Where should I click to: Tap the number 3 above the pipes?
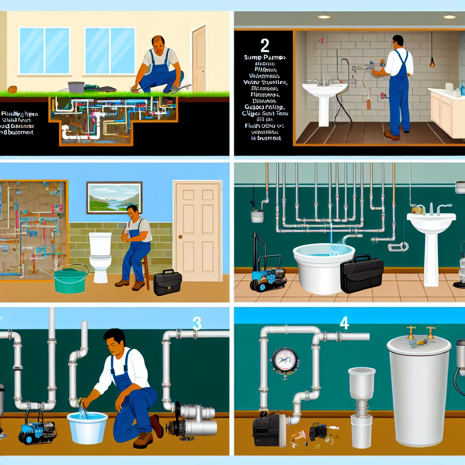click(x=197, y=323)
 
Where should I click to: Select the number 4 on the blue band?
click(x=344, y=323)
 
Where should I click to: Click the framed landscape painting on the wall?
click(x=114, y=198)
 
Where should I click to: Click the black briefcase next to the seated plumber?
click(x=167, y=282)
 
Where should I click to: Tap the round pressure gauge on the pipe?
click(x=285, y=361)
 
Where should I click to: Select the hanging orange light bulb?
click(x=432, y=63)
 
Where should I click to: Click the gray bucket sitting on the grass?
click(x=76, y=87)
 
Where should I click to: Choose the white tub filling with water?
click(x=323, y=267)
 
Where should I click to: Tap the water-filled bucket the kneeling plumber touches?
click(x=87, y=427)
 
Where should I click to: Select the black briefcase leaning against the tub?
click(x=362, y=275)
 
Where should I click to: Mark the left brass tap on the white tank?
click(x=411, y=331)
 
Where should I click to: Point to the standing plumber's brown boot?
click(x=391, y=135)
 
